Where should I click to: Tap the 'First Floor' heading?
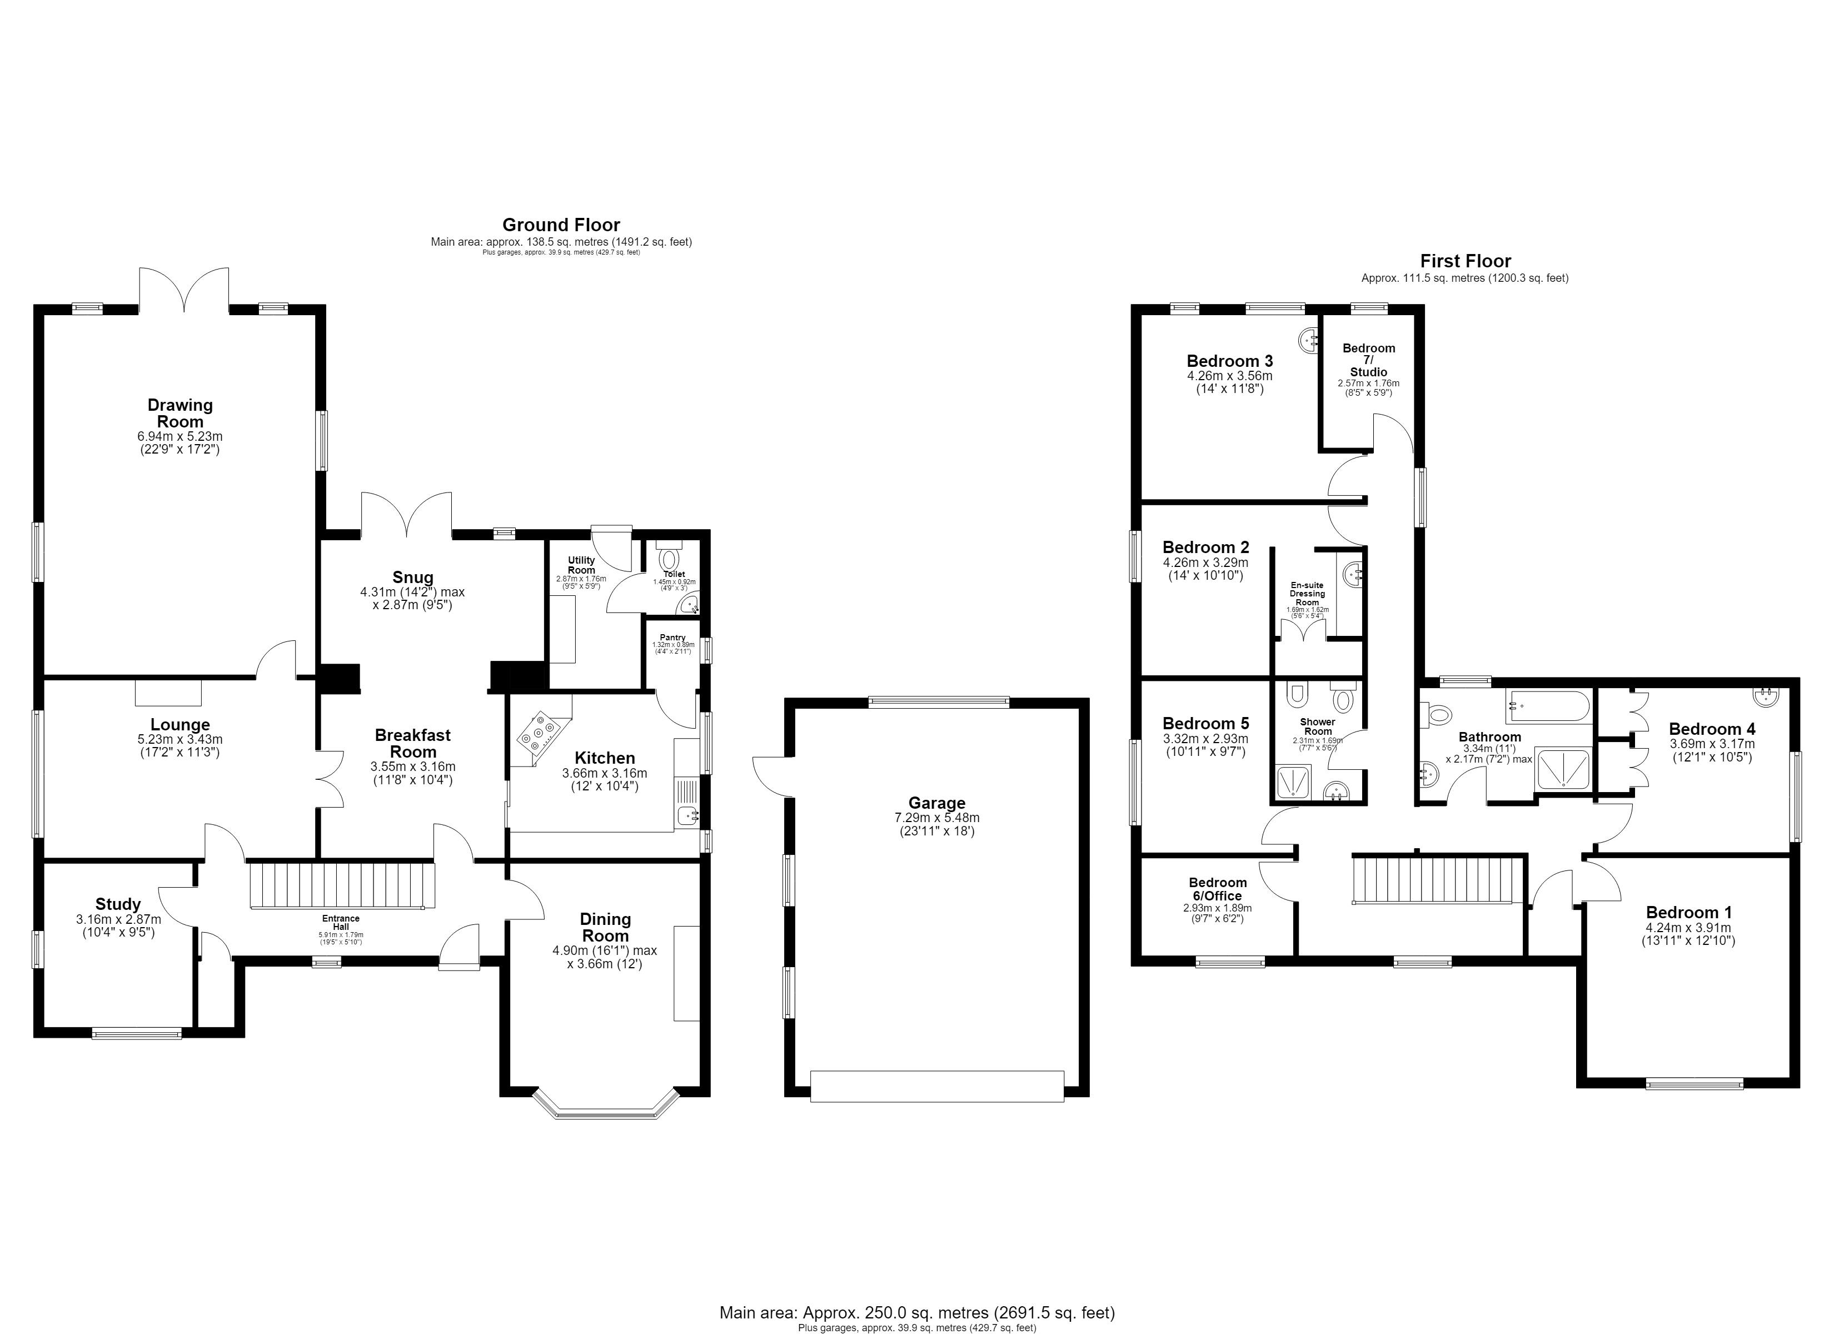point(1466,261)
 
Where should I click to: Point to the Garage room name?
point(936,803)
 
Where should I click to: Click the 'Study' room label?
point(118,904)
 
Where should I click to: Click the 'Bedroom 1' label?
point(1688,913)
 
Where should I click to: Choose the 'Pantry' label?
point(673,638)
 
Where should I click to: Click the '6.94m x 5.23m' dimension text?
point(180,437)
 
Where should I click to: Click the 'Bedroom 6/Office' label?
point(1218,889)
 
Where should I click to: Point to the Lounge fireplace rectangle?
point(168,693)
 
